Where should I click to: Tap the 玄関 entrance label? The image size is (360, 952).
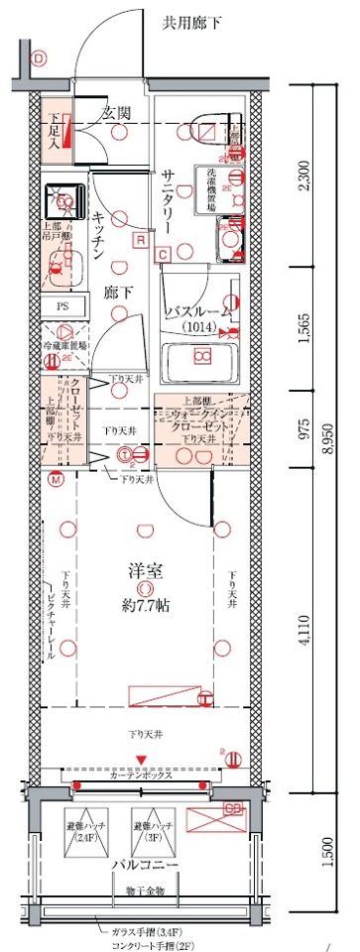(117, 113)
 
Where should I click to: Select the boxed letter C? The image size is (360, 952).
(163, 255)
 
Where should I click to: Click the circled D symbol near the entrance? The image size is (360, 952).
(39, 59)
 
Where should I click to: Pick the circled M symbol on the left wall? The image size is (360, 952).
(57, 480)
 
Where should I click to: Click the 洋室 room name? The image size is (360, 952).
(146, 571)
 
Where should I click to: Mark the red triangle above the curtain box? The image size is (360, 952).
(143, 761)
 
